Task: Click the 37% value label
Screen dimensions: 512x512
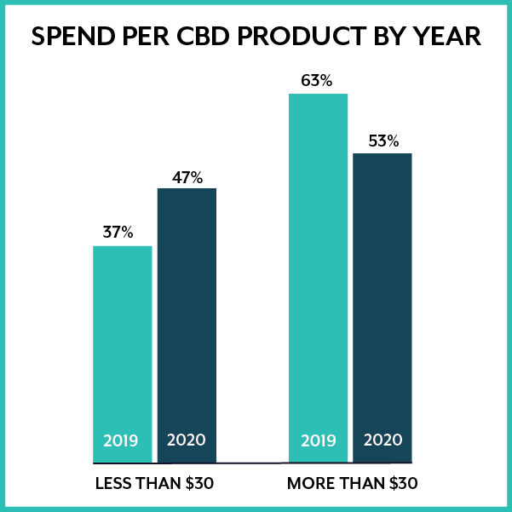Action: pos(118,232)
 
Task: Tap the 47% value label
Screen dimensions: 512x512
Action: pos(187,177)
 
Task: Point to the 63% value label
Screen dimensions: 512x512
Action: pos(316,82)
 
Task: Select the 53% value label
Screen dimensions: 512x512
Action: pos(383,141)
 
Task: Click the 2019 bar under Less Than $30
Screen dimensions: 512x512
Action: pos(122,341)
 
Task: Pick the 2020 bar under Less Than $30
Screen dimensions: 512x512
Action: pos(187,315)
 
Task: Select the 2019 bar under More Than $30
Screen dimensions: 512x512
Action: pos(318,264)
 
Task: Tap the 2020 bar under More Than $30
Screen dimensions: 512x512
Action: pos(383,298)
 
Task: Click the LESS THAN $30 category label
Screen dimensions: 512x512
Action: pos(154,484)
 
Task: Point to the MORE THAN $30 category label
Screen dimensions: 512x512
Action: pos(353,484)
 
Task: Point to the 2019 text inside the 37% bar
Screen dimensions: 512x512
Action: pos(121,441)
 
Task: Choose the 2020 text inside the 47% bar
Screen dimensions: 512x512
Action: pos(187,441)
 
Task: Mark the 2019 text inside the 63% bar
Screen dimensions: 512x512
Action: pos(319,441)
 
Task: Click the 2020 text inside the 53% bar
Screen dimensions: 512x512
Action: pos(383,441)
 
